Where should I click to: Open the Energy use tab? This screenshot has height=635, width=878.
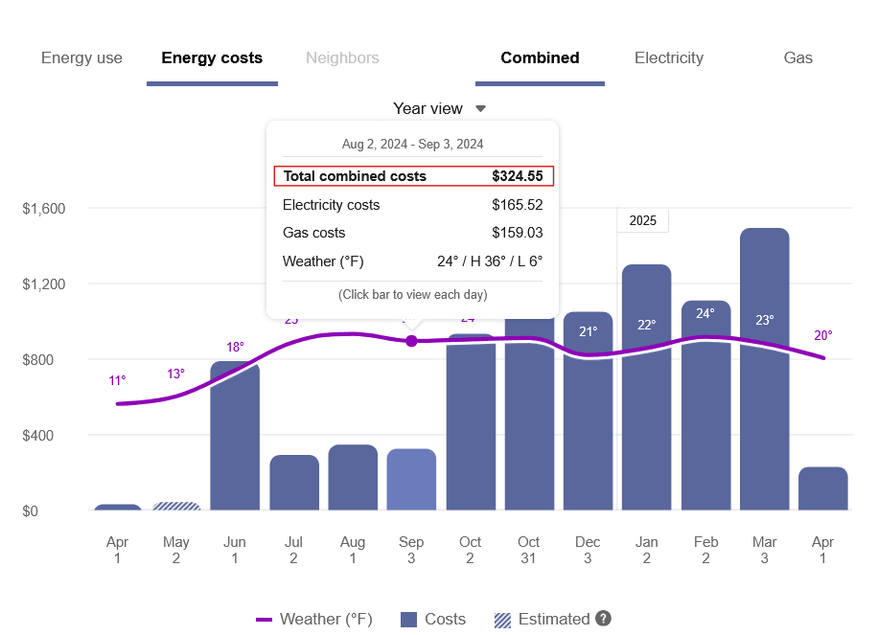(x=81, y=57)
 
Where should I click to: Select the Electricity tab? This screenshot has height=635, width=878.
(x=668, y=57)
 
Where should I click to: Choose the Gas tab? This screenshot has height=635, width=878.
(x=797, y=57)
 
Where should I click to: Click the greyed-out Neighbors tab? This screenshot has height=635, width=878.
(x=342, y=57)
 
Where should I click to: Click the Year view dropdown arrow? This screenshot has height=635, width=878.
(x=481, y=109)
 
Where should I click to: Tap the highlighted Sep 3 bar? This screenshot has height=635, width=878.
(x=411, y=479)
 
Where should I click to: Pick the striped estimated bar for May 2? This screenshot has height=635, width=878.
(x=176, y=506)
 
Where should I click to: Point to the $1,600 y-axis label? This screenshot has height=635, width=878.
(x=43, y=208)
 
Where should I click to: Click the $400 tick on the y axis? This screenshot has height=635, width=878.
(x=43, y=435)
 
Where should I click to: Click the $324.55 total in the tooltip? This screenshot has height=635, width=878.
(x=517, y=176)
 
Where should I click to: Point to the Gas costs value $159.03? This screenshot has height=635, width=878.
(x=517, y=233)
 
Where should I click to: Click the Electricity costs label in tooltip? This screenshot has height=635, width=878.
(x=331, y=205)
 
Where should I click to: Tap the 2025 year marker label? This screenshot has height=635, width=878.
(x=642, y=220)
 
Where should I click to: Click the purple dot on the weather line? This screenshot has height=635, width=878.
(x=411, y=341)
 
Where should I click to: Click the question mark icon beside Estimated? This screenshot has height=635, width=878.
(x=603, y=619)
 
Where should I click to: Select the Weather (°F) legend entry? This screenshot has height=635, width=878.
(x=314, y=619)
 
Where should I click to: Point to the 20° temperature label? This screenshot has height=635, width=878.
(x=822, y=335)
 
